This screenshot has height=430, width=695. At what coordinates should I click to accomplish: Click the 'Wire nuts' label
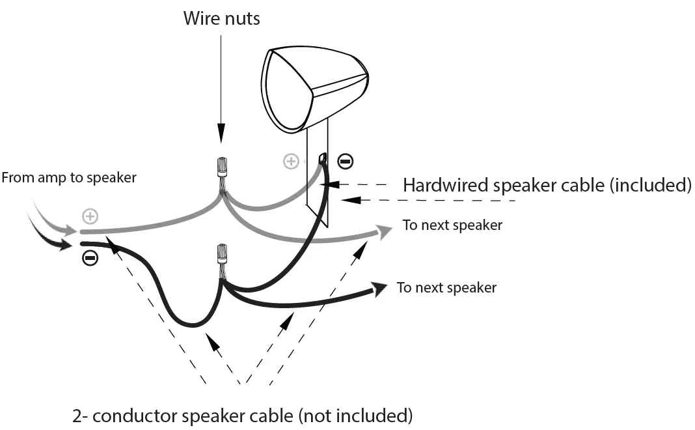pyautogui.click(x=221, y=18)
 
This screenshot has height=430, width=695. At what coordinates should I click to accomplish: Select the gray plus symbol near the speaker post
pyautogui.click(x=291, y=161)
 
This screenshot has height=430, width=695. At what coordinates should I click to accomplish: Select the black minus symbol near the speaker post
pyautogui.click(x=346, y=161)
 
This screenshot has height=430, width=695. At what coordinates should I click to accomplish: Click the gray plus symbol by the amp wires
pyautogui.click(x=89, y=216)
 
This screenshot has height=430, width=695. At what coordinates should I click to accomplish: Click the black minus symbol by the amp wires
pyautogui.click(x=90, y=259)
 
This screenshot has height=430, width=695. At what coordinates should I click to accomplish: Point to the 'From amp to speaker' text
pyautogui.click(x=69, y=177)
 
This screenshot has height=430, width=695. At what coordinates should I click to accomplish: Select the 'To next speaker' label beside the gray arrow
pyautogui.click(x=452, y=225)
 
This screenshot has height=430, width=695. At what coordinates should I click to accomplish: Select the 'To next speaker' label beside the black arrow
pyautogui.click(x=446, y=287)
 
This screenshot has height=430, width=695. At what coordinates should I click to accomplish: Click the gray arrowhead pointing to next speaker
pyautogui.click(x=385, y=231)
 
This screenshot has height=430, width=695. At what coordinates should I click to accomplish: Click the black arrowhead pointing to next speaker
pyautogui.click(x=379, y=288)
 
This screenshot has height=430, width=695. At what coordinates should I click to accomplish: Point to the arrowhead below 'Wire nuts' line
pyautogui.click(x=221, y=137)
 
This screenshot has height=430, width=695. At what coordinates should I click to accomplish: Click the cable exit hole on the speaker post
pyautogui.click(x=322, y=158)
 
